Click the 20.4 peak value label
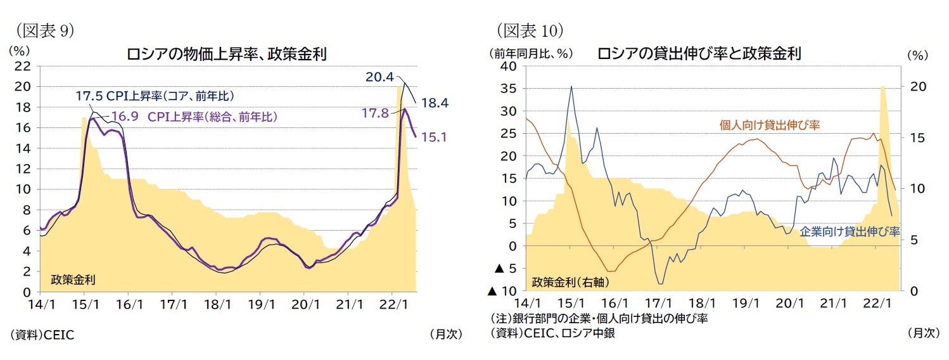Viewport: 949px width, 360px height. tap(379, 77)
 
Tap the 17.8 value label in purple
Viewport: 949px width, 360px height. tap(374, 113)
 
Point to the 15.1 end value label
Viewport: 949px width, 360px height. tap(434, 136)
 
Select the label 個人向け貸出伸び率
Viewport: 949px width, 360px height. tap(770, 125)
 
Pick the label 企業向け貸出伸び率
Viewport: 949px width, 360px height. tap(850, 231)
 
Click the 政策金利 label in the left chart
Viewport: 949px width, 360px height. tap(73, 279)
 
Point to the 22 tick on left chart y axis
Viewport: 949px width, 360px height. tap(23, 66)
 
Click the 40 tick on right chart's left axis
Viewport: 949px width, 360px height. tap(509, 66)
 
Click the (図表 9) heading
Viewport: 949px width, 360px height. tap(39, 30)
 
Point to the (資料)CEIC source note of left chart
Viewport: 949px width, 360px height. tap(42, 334)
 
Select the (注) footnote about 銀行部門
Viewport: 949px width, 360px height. tap(598, 319)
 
